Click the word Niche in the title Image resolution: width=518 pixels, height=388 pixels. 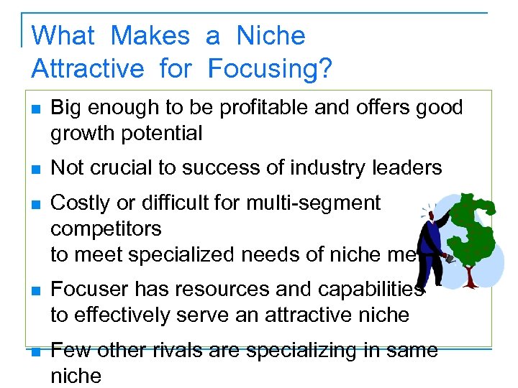[271, 35]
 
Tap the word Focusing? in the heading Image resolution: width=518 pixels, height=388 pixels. [270, 69]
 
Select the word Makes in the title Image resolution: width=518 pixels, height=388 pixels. [150, 35]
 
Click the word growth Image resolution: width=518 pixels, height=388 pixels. [85, 134]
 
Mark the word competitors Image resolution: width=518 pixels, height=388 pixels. [106, 229]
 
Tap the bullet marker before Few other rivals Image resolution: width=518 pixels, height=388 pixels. [35, 351]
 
